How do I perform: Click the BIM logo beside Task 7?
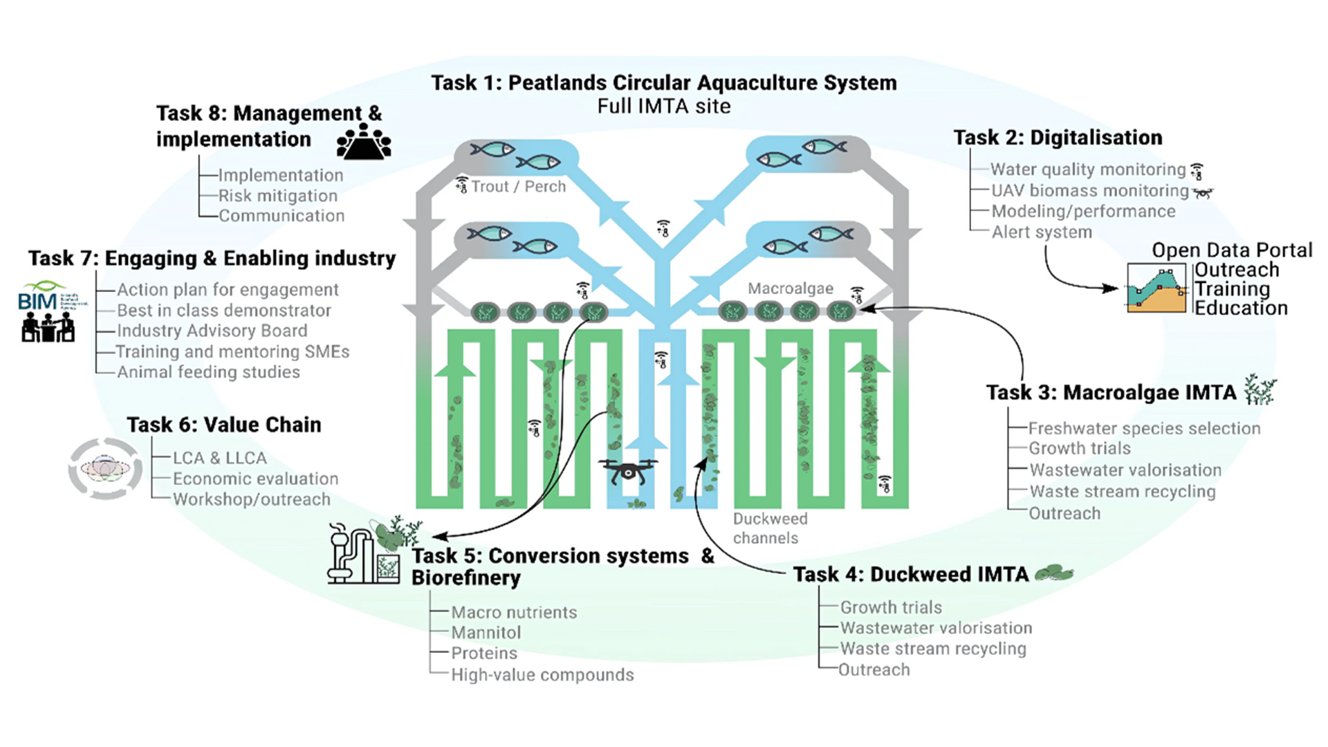51,297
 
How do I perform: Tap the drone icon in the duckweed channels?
628,472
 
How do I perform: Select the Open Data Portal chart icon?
1156,288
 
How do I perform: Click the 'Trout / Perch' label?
518,187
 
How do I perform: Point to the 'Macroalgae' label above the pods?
790,288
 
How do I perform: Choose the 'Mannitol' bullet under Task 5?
486,633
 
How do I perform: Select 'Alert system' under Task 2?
1042,232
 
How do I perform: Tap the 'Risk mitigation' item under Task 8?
278,196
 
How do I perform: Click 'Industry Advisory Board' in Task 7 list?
212,331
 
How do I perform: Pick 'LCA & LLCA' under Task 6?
219,458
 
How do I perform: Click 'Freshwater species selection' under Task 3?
1144,429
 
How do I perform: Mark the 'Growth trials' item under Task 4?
891,607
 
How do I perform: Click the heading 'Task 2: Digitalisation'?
1058,138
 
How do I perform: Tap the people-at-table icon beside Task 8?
364,142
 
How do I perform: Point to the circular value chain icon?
105,469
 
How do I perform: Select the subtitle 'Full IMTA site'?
664,107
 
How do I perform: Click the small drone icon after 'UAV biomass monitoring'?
1203,192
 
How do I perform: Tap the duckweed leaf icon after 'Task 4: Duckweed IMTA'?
1054,573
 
